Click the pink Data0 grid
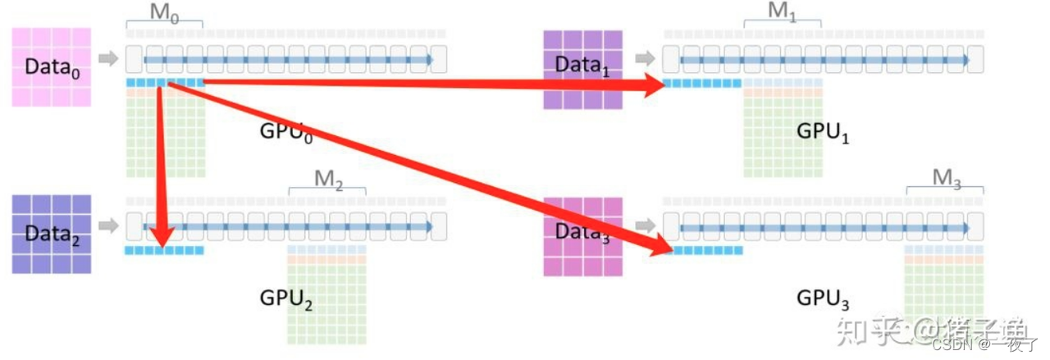(x=51, y=66)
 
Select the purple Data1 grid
(x=582, y=70)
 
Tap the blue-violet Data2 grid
(x=51, y=233)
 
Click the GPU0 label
(x=286, y=130)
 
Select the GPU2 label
(x=286, y=299)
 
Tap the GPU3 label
(x=822, y=298)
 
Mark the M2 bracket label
(x=327, y=179)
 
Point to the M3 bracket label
(x=946, y=178)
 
